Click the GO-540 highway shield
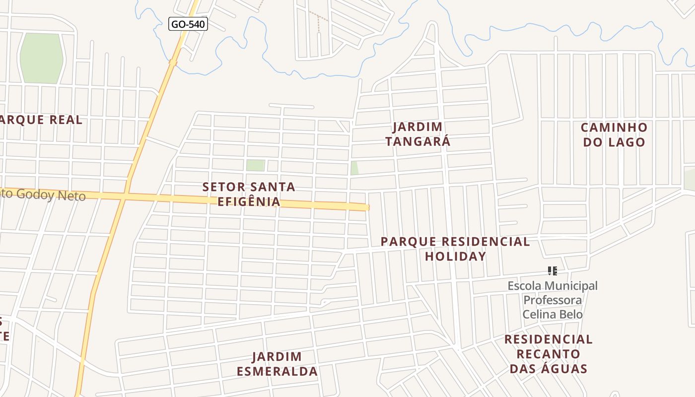point(188,23)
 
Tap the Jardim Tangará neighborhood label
point(417,134)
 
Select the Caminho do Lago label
point(614,134)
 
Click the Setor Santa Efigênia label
point(249,194)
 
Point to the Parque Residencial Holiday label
point(455,249)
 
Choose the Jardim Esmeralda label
point(277,364)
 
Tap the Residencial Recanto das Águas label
point(548,354)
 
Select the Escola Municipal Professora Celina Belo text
point(553,300)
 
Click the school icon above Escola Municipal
point(552,271)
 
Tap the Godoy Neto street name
point(45,195)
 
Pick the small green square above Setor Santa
point(255,165)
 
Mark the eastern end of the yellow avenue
point(367,207)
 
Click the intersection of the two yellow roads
point(125,197)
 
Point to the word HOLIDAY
point(455,256)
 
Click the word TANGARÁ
point(417,141)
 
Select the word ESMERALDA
point(277,371)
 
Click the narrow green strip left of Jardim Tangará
point(354,168)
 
